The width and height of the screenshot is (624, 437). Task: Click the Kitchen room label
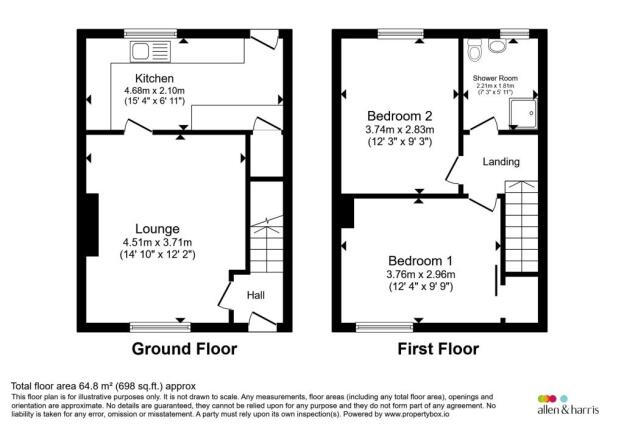point(155,78)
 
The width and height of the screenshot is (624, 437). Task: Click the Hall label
point(255,295)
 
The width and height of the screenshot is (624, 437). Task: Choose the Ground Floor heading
point(185,349)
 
